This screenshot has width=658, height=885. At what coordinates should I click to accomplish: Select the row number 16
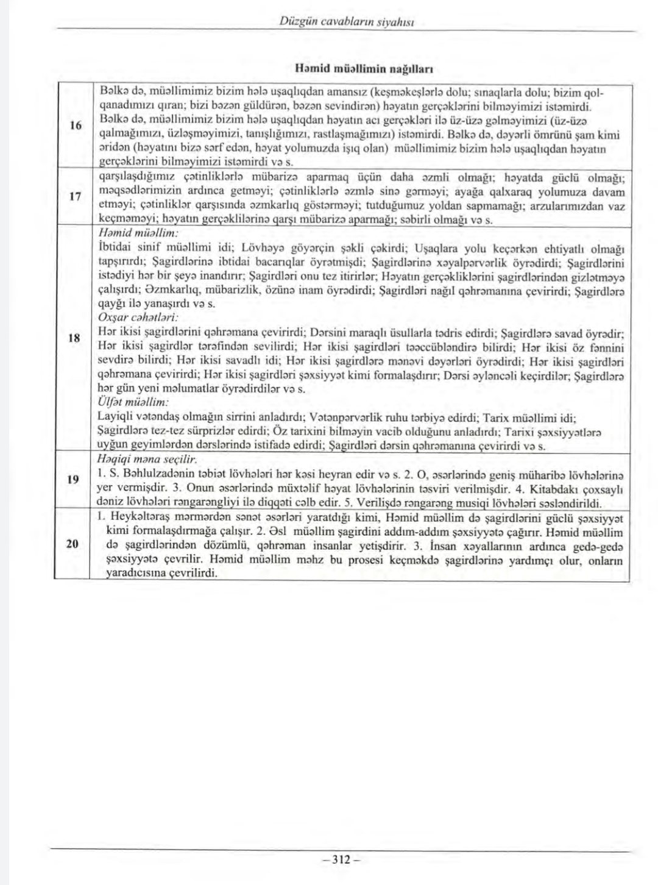(x=76, y=126)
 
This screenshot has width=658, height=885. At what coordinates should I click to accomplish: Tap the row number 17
(x=76, y=196)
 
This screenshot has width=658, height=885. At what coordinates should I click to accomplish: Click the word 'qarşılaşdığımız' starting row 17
(x=133, y=178)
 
